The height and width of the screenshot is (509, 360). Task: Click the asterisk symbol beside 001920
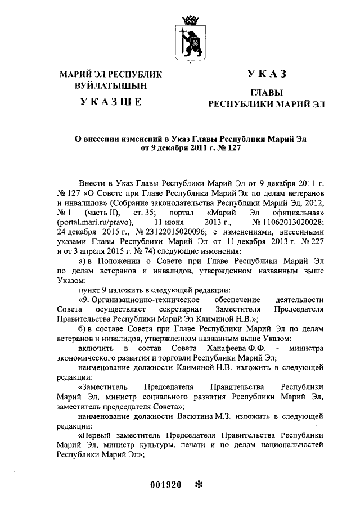[197, 485]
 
